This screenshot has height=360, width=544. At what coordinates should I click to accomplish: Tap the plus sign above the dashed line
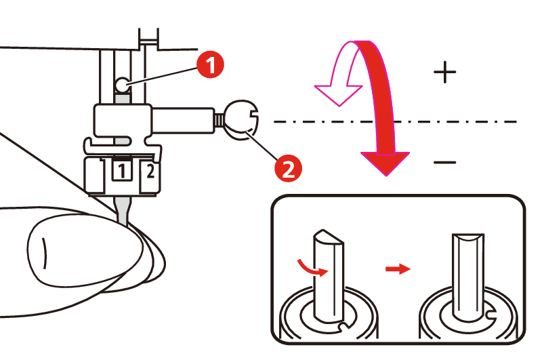point(444,72)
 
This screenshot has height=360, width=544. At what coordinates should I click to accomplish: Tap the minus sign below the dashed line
point(444,162)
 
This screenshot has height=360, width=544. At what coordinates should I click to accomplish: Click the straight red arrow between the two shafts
point(398,270)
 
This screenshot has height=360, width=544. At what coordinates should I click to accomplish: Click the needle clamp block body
point(125,121)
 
